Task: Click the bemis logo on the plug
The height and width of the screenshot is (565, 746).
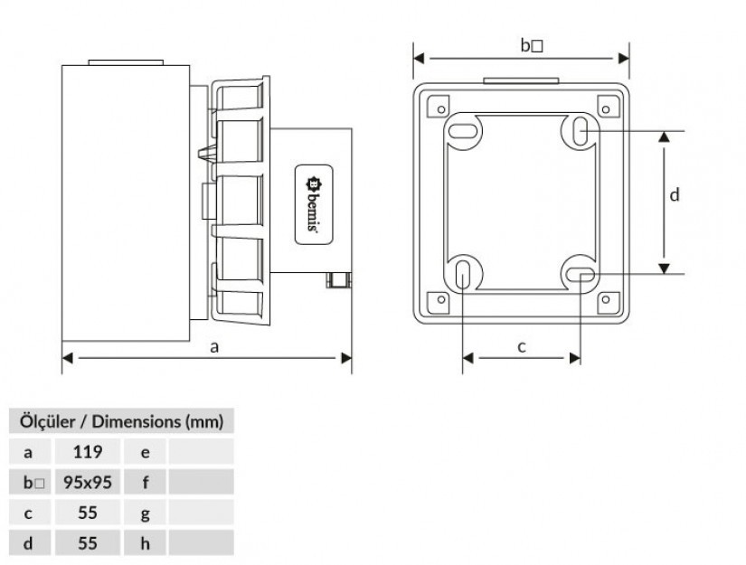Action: pyautogui.click(x=313, y=204)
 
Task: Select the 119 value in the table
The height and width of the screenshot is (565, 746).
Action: pyautogui.click(x=88, y=452)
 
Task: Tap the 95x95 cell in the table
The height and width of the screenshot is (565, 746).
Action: pyautogui.click(x=88, y=482)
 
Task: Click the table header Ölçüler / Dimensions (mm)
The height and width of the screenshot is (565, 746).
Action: pyautogui.click(x=121, y=421)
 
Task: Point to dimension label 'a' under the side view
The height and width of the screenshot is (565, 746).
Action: pyautogui.click(x=214, y=347)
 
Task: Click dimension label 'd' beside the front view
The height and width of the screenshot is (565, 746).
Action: pyautogui.click(x=675, y=194)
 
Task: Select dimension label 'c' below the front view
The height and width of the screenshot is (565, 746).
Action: pyautogui.click(x=522, y=347)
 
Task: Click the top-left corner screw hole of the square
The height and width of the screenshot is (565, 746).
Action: pyautogui.click(x=441, y=109)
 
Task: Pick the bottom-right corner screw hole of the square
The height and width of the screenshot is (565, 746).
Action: pyautogui.click(x=606, y=299)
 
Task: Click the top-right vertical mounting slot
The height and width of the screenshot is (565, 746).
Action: pyautogui.click(x=581, y=130)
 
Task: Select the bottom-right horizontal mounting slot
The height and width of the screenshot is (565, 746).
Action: pyautogui.click(x=581, y=275)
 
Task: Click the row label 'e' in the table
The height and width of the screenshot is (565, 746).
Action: pyautogui.click(x=145, y=452)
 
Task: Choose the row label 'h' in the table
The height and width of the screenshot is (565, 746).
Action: pyautogui.click(x=145, y=543)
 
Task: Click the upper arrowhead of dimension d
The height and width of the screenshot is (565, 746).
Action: pyautogui.click(x=665, y=137)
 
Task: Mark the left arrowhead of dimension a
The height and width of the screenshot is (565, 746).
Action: pyautogui.click(x=68, y=358)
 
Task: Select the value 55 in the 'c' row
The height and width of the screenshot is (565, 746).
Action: pyautogui.click(x=88, y=513)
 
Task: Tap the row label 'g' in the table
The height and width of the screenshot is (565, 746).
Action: pyautogui.click(x=145, y=514)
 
